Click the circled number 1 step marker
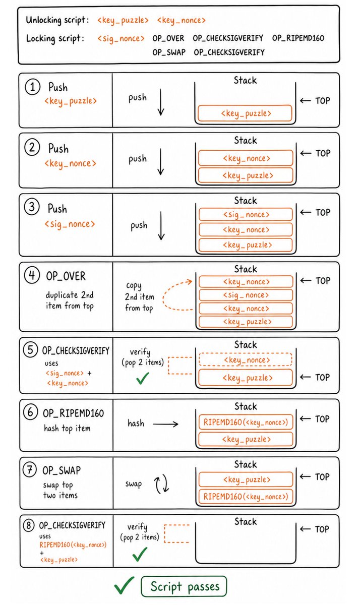[32, 87]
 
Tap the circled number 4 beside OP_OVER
[32, 275]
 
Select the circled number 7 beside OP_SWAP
[30, 469]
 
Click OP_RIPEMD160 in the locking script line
[298, 38]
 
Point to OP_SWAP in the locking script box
[169, 52]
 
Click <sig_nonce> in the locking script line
[121, 39]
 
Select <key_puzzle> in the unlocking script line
[123, 20]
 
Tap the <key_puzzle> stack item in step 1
[245, 113]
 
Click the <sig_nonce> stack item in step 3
[246, 214]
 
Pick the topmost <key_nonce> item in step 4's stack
[246, 282]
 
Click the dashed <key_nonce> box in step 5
[246, 360]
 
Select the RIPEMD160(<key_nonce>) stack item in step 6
[246, 422]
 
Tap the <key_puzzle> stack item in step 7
[246, 479]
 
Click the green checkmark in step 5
[143, 378]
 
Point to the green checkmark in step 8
[140, 554]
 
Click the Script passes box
[184, 586]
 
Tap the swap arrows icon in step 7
[161, 485]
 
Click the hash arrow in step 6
[165, 424]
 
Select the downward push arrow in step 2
[161, 161]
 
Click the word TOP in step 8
[322, 529]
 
